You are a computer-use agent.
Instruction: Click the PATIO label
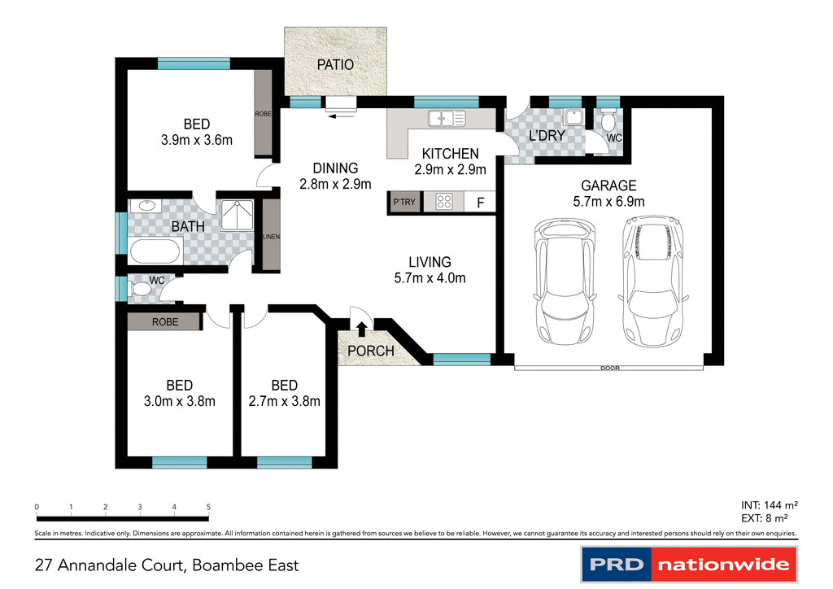335,64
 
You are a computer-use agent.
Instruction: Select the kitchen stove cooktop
444,202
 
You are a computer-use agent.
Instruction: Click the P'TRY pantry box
403,202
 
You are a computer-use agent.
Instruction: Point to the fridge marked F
481,203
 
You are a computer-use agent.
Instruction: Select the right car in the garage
652,281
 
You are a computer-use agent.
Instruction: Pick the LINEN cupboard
271,236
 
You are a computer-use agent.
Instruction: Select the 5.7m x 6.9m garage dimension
608,201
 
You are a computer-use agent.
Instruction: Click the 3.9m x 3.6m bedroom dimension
197,139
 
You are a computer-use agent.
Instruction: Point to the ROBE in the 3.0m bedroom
164,322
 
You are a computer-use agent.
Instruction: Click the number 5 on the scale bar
209,508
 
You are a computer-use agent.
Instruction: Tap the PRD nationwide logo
687,565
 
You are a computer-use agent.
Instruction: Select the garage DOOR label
609,368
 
